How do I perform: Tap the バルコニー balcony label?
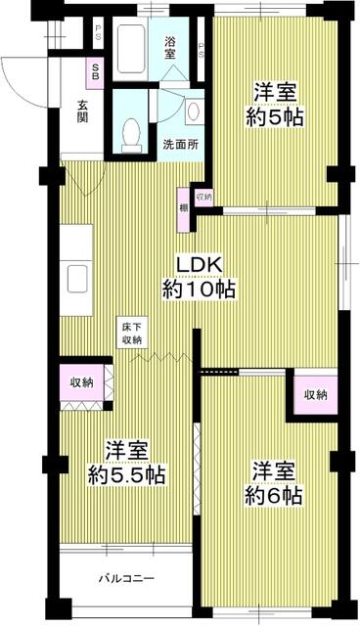coord(126,578)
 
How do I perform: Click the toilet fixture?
coord(131,134)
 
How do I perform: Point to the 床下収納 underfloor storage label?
coord(132,333)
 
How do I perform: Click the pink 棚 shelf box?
coord(183,208)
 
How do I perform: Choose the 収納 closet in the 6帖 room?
coord(314,394)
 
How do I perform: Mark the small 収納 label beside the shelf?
coord(202,197)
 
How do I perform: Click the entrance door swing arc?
coord(18,78)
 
